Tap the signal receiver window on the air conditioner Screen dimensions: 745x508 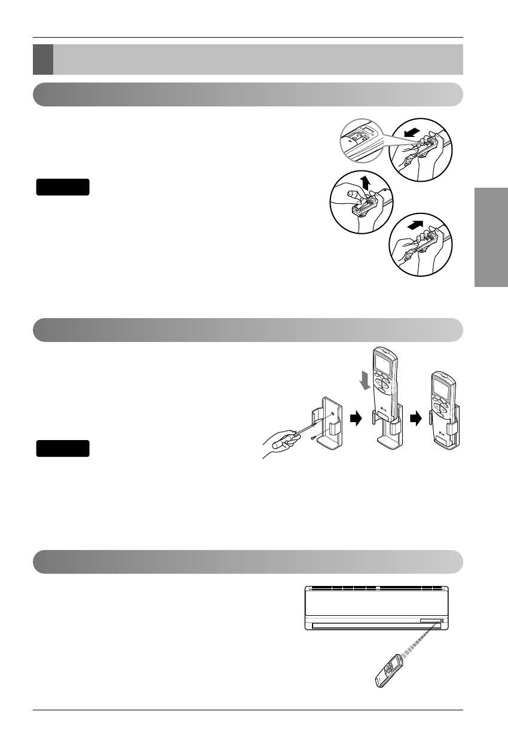(x=442, y=621)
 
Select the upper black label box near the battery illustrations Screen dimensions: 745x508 (x=63, y=187)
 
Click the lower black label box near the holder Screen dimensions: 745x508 (x=63, y=448)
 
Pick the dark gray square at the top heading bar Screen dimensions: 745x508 (x=42, y=59)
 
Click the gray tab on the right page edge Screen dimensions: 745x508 (x=491, y=238)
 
